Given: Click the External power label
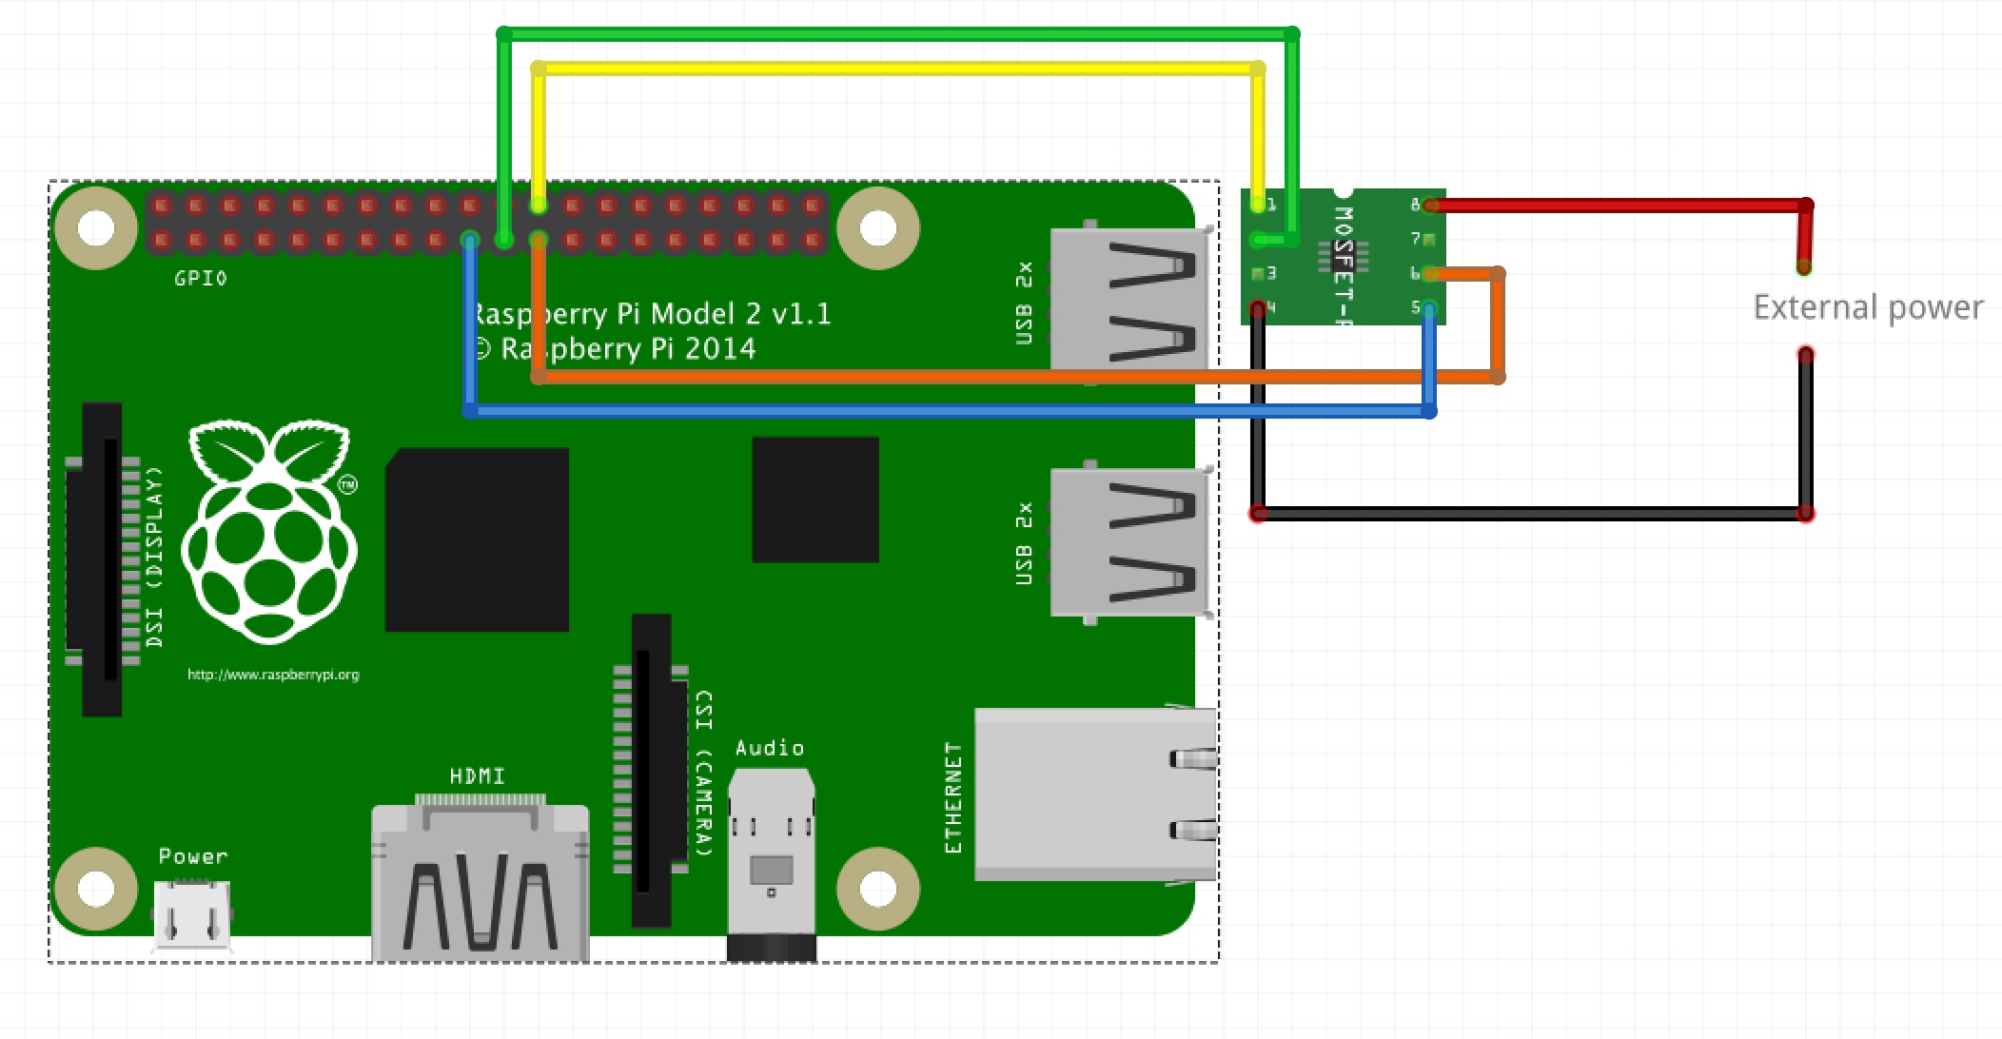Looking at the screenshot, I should click(x=1867, y=307).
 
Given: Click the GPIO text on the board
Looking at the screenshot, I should click(x=201, y=279).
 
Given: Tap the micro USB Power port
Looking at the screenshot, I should click(x=192, y=915).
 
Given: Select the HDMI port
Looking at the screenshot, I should click(x=480, y=880).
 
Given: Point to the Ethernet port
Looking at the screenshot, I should click(x=1094, y=794).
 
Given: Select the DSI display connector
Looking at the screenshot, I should click(x=102, y=559).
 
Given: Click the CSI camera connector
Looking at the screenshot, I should click(x=652, y=771).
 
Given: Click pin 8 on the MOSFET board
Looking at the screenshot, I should click(x=1427, y=205).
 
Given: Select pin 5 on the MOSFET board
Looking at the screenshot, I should click(x=1427, y=307).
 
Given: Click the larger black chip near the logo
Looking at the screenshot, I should click(x=477, y=539).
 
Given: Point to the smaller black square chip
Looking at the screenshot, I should click(x=815, y=500).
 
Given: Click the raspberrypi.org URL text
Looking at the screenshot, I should click(x=273, y=675).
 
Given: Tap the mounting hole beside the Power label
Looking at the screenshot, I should click(x=96, y=889).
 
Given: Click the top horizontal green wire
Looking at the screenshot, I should click(x=894, y=34).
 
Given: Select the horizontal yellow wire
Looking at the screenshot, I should click(x=894, y=69).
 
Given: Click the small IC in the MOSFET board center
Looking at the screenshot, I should click(x=1343, y=255).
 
